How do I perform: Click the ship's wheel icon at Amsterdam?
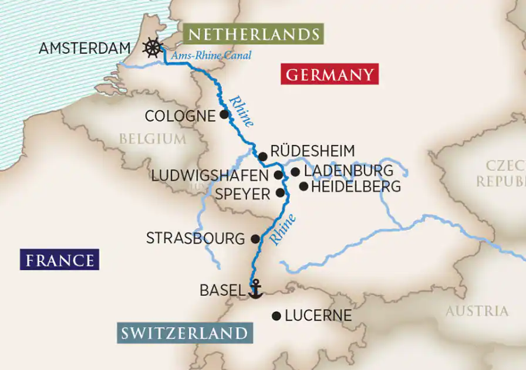(152, 48)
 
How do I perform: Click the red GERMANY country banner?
(329, 74)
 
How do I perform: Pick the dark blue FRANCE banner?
(59, 260)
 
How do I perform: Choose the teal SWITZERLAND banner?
(184, 333)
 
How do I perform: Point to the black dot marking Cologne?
(224, 114)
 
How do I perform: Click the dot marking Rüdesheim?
(263, 156)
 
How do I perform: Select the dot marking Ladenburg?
(295, 172)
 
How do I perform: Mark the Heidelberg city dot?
(304, 186)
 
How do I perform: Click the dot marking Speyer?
(280, 192)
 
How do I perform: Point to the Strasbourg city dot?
(255, 239)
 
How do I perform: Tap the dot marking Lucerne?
(276, 315)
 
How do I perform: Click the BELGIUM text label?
(152, 139)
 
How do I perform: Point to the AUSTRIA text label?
(477, 311)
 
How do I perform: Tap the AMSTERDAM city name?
(84, 48)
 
